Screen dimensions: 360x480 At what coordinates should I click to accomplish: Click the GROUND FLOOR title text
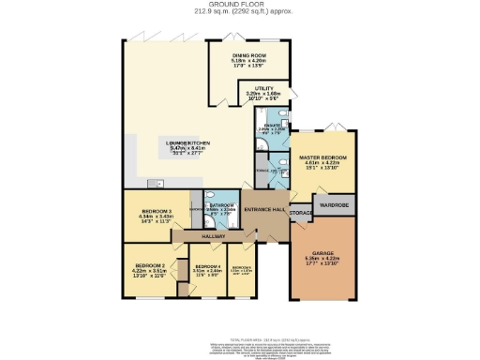(x=239, y=4)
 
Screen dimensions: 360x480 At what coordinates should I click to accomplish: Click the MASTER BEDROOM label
(x=322, y=157)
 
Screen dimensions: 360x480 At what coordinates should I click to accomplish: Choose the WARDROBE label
(x=335, y=204)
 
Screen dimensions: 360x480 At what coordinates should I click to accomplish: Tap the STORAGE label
(x=301, y=217)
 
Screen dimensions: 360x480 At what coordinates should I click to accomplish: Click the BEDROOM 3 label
(x=155, y=211)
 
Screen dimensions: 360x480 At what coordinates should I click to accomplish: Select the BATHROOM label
(x=221, y=203)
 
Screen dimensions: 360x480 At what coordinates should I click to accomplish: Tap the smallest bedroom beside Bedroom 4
(x=241, y=272)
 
